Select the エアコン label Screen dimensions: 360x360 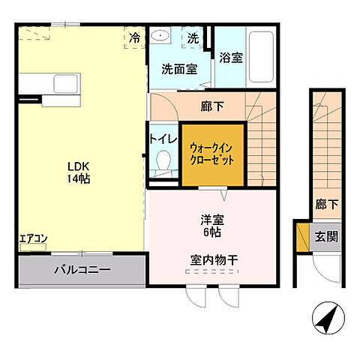[x=34, y=239]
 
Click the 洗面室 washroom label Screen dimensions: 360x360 [x=179, y=68]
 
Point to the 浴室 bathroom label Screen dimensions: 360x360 [x=230, y=58]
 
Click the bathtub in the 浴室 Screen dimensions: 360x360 [x=261, y=56]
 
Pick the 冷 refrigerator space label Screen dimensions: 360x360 [x=134, y=37]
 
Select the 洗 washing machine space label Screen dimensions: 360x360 [x=193, y=37]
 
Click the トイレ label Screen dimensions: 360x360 [x=163, y=138]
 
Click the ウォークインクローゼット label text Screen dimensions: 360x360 [x=212, y=154]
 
